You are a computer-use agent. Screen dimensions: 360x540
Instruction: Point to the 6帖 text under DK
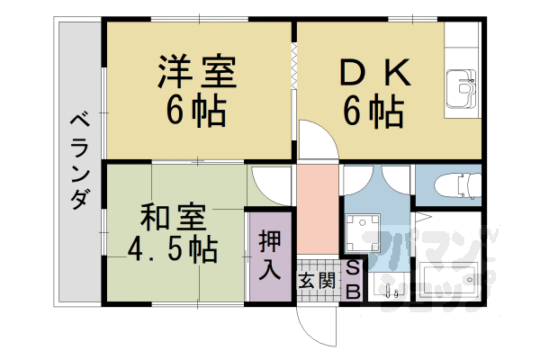click(372, 112)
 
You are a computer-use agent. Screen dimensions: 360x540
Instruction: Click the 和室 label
click(174, 216)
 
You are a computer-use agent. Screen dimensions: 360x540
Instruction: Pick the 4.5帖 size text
click(174, 248)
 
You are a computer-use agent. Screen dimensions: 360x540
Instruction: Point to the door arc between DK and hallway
click(315, 144)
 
